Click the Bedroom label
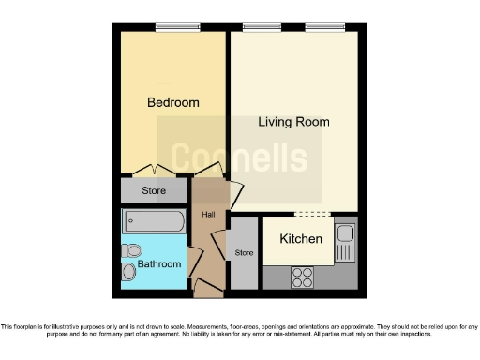click(173, 102)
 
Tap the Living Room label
click(293, 122)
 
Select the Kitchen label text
click(301, 239)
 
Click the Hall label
click(208, 215)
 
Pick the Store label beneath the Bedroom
click(154, 191)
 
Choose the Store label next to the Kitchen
click(245, 253)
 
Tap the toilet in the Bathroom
click(131, 250)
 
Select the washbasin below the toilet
click(128, 272)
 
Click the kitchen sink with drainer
click(344, 242)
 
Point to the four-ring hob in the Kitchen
click(302, 277)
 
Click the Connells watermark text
click(238, 158)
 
